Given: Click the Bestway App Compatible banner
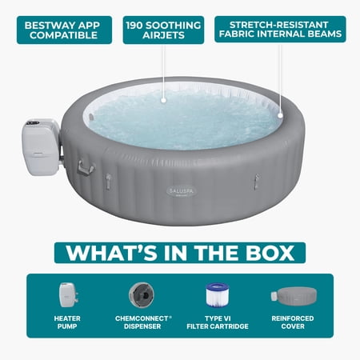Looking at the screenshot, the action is tap(64, 30).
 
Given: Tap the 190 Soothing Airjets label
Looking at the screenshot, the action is tap(163, 30).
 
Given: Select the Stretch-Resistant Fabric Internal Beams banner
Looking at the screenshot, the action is tap(280, 29).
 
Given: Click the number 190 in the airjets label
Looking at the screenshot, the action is tap(134, 26).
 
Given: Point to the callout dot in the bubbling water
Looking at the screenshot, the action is tap(164, 100).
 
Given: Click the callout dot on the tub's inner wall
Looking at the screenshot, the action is tap(280, 115).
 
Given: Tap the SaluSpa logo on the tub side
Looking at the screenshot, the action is tap(181, 191).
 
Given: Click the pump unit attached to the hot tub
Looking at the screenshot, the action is tap(42, 146).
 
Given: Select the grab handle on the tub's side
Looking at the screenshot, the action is tap(86, 167).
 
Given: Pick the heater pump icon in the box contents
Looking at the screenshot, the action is tap(68, 295).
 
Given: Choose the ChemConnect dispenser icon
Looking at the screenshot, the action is tap(142, 295).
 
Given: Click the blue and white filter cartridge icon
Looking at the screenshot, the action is tap(218, 294).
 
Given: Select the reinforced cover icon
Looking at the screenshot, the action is tap(294, 295).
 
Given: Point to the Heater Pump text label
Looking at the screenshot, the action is tap(67, 322).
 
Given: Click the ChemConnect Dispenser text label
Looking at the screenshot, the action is tap(143, 322).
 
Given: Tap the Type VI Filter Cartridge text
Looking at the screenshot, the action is tap(218, 322).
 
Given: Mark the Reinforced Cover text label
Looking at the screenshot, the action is tap(293, 322).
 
